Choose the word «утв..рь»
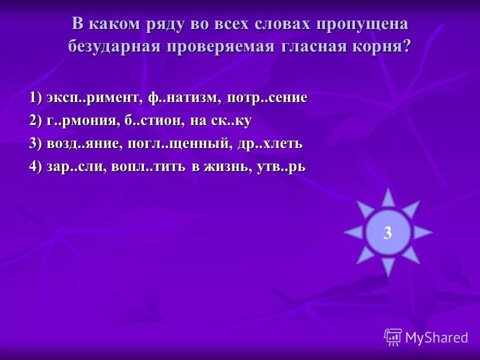(281, 167)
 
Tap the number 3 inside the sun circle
(387, 232)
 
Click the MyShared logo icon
(393, 337)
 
